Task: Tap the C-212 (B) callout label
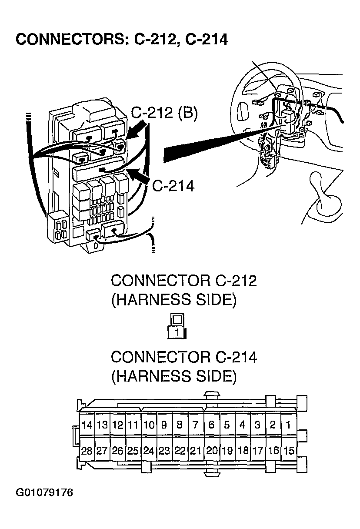pyautogui.click(x=164, y=114)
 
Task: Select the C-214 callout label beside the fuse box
pyautogui.click(x=173, y=186)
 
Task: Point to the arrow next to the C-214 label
pyautogui.click(x=139, y=177)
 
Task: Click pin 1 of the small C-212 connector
pyautogui.click(x=177, y=333)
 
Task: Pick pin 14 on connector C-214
pyautogui.click(x=87, y=425)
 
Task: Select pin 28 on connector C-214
pyautogui.click(x=87, y=451)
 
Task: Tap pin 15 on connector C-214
pyautogui.click(x=288, y=451)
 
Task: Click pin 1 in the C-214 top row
pyautogui.click(x=288, y=425)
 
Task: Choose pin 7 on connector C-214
pyautogui.click(x=196, y=425)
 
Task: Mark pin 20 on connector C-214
pyautogui.click(x=211, y=451)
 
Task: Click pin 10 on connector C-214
pyautogui.click(x=149, y=425)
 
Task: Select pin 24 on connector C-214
pyautogui.click(x=149, y=451)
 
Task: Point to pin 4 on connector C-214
pyautogui.click(x=242, y=425)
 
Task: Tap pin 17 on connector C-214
pyautogui.click(x=257, y=451)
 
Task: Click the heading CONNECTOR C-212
pyautogui.click(x=183, y=281)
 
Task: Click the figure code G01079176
pyautogui.click(x=44, y=493)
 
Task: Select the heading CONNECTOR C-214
pyautogui.click(x=183, y=357)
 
